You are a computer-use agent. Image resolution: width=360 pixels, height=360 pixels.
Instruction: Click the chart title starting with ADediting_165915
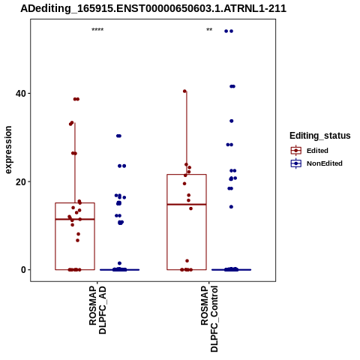(153, 9)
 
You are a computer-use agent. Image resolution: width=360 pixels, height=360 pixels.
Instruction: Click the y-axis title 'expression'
(8, 150)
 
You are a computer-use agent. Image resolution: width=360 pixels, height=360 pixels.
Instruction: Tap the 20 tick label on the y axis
(21, 181)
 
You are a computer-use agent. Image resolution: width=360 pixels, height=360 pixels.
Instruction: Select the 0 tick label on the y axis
(23, 270)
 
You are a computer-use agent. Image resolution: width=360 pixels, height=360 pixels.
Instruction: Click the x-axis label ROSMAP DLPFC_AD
(97, 310)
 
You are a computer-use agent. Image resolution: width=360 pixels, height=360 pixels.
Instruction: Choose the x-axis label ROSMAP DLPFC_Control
(209, 319)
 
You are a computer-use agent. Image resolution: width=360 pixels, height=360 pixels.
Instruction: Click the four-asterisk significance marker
(97, 30)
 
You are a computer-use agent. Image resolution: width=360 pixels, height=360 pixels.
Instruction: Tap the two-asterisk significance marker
(209, 30)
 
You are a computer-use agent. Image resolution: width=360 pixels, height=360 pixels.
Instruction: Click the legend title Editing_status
(320, 136)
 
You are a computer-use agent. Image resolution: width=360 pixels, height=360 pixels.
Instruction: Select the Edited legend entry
(309, 151)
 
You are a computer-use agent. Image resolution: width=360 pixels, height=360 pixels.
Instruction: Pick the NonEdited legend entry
(316, 163)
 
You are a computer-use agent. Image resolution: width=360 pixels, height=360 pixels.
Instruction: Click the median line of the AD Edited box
(75, 219)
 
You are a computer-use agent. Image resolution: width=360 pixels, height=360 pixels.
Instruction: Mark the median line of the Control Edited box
(187, 205)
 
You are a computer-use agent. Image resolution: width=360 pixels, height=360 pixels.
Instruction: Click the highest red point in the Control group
(184, 91)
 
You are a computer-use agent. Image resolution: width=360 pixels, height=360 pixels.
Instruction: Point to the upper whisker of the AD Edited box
(75, 163)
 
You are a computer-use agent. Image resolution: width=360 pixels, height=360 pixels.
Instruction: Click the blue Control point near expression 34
(232, 121)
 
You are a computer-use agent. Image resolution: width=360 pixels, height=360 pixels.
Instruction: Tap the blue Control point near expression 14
(231, 207)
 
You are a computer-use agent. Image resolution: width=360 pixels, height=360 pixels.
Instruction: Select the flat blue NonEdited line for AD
(120, 270)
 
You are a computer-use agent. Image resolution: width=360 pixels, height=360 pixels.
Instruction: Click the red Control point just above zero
(187, 261)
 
